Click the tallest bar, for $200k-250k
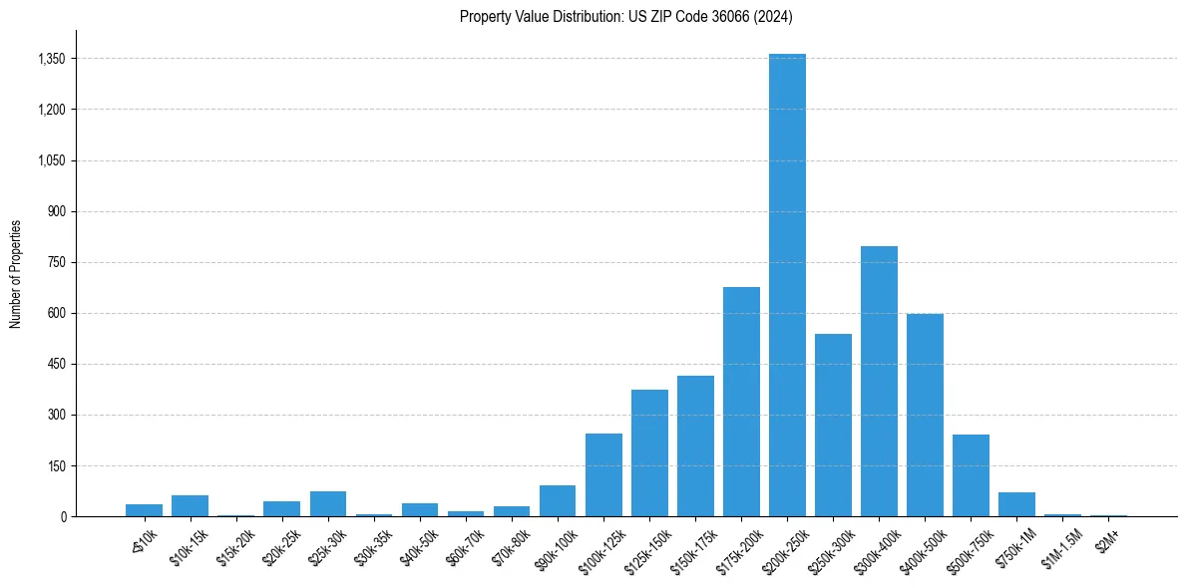pos(787,285)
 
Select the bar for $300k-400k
pos(879,381)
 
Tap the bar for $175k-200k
pos(741,402)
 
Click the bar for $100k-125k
pos(603,474)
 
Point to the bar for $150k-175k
pos(695,445)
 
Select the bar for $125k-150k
pos(649,452)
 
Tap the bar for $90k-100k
pos(558,500)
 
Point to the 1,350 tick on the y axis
pos(51,59)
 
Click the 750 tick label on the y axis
pos(55,262)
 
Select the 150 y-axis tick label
pos(55,465)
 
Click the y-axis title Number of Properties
pos(15,273)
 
